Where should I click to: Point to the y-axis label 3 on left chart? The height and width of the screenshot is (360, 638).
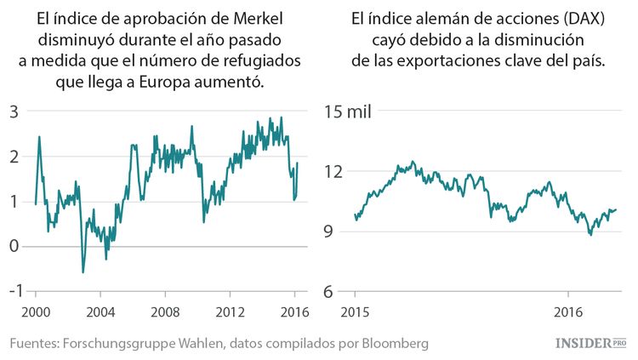[14, 112]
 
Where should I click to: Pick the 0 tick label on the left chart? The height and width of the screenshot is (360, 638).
[14, 246]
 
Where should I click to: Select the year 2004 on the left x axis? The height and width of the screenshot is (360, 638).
[100, 311]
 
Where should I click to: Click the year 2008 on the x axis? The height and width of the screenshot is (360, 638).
[165, 311]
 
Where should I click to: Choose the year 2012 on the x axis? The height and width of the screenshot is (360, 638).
[230, 311]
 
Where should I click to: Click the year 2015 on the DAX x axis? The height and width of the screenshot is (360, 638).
[355, 311]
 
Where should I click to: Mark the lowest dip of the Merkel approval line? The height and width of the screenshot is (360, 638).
[83, 272]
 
